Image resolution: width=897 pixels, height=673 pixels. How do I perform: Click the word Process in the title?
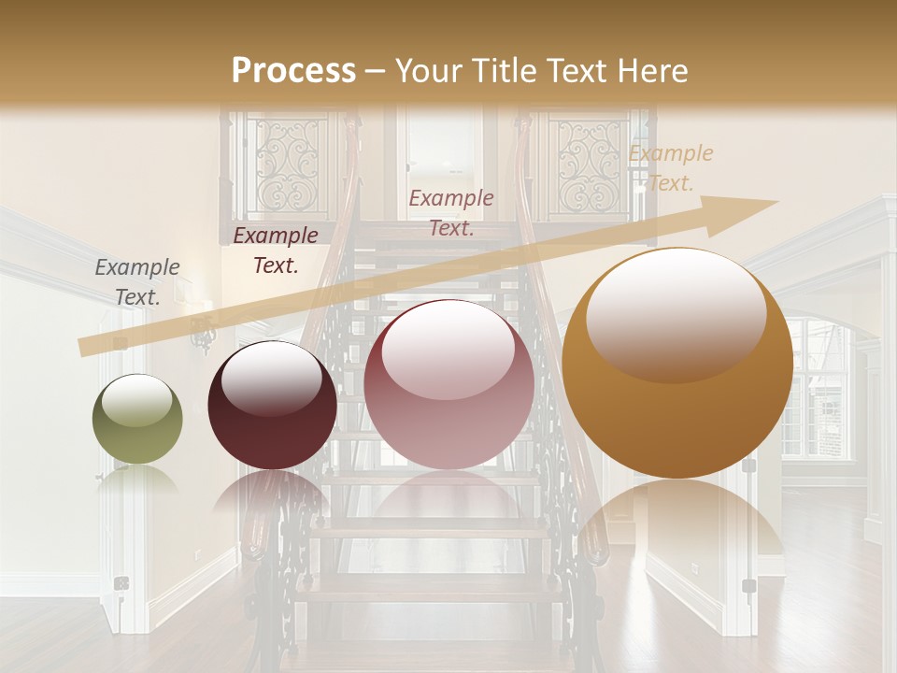click(293, 71)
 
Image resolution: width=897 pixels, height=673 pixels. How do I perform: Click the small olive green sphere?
click(137, 420)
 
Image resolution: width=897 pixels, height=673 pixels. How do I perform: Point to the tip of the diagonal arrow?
click(776, 202)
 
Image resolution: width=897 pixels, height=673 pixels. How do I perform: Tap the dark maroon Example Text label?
click(275, 251)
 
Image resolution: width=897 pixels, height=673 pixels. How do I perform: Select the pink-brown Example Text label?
click(451, 212)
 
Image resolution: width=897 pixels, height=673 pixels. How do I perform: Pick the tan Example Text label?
click(671, 168)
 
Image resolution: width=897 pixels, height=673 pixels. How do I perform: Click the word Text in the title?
click(574, 71)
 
